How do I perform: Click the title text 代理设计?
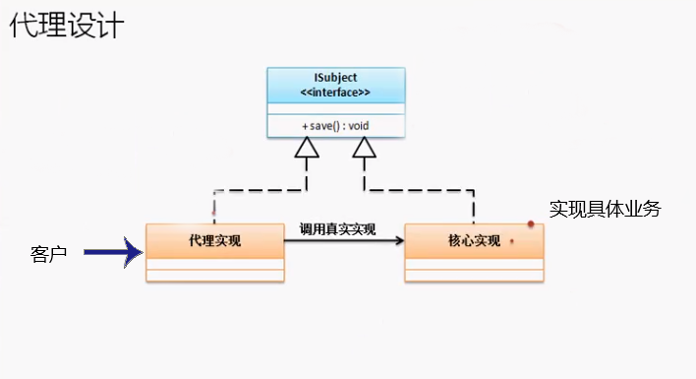(x=68, y=26)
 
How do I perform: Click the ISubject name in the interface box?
(x=334, y=78)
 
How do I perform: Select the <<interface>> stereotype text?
(x=334, y=93)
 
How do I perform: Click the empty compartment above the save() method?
(x=334, y=107)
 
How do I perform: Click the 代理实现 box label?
(x=215, y=240)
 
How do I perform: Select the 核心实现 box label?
(x=473, y=240)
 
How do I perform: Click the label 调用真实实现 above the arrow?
(x=337, y=228)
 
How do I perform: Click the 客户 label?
(x=48, y=255)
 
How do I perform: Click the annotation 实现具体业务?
(x=605, y=209)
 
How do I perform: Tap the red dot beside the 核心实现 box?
(x=531, y=224)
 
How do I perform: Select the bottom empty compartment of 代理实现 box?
(x=215, y=275)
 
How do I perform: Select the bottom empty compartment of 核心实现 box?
(x=473, y=275)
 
